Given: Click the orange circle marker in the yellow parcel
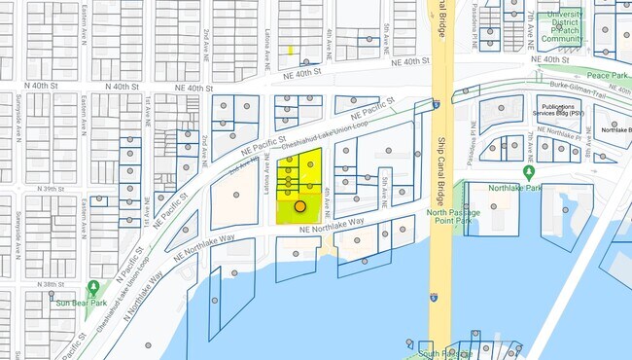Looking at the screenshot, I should tap(300, 206).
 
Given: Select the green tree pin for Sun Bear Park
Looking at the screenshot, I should tap(93, 288).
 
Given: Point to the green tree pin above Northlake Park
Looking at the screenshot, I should tap(529, 172).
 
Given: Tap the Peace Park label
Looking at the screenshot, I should tap(608, 75).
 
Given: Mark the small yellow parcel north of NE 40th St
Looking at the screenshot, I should tap(290, 50).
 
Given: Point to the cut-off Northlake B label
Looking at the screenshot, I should tap(615, 129).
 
